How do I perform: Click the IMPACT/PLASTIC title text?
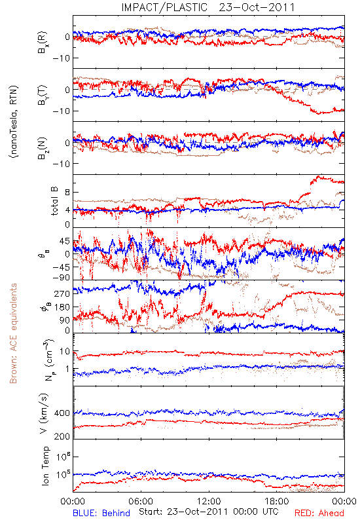[164, 7]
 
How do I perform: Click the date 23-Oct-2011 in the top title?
[257, 7]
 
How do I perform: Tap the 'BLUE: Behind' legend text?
[101, 513]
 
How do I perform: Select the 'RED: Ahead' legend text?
[319, 513]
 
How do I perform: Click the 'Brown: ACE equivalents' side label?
[13, 333]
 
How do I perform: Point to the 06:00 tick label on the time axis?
[141, 501]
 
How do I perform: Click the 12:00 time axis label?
[209, 501]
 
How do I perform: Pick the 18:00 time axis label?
[277, 501]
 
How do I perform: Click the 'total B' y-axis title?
[54, 201]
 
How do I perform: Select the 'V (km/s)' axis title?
[44, 413]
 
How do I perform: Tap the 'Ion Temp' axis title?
[45, 466]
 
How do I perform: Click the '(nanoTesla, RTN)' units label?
[14, 122]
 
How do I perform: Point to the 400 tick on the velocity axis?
[62, 413]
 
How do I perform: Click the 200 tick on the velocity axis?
[62, 436]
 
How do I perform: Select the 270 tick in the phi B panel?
[62, 293]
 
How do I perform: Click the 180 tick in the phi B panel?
[62, 307]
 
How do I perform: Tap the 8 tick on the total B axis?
[67, 193]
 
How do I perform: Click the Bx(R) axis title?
[43, 43]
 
